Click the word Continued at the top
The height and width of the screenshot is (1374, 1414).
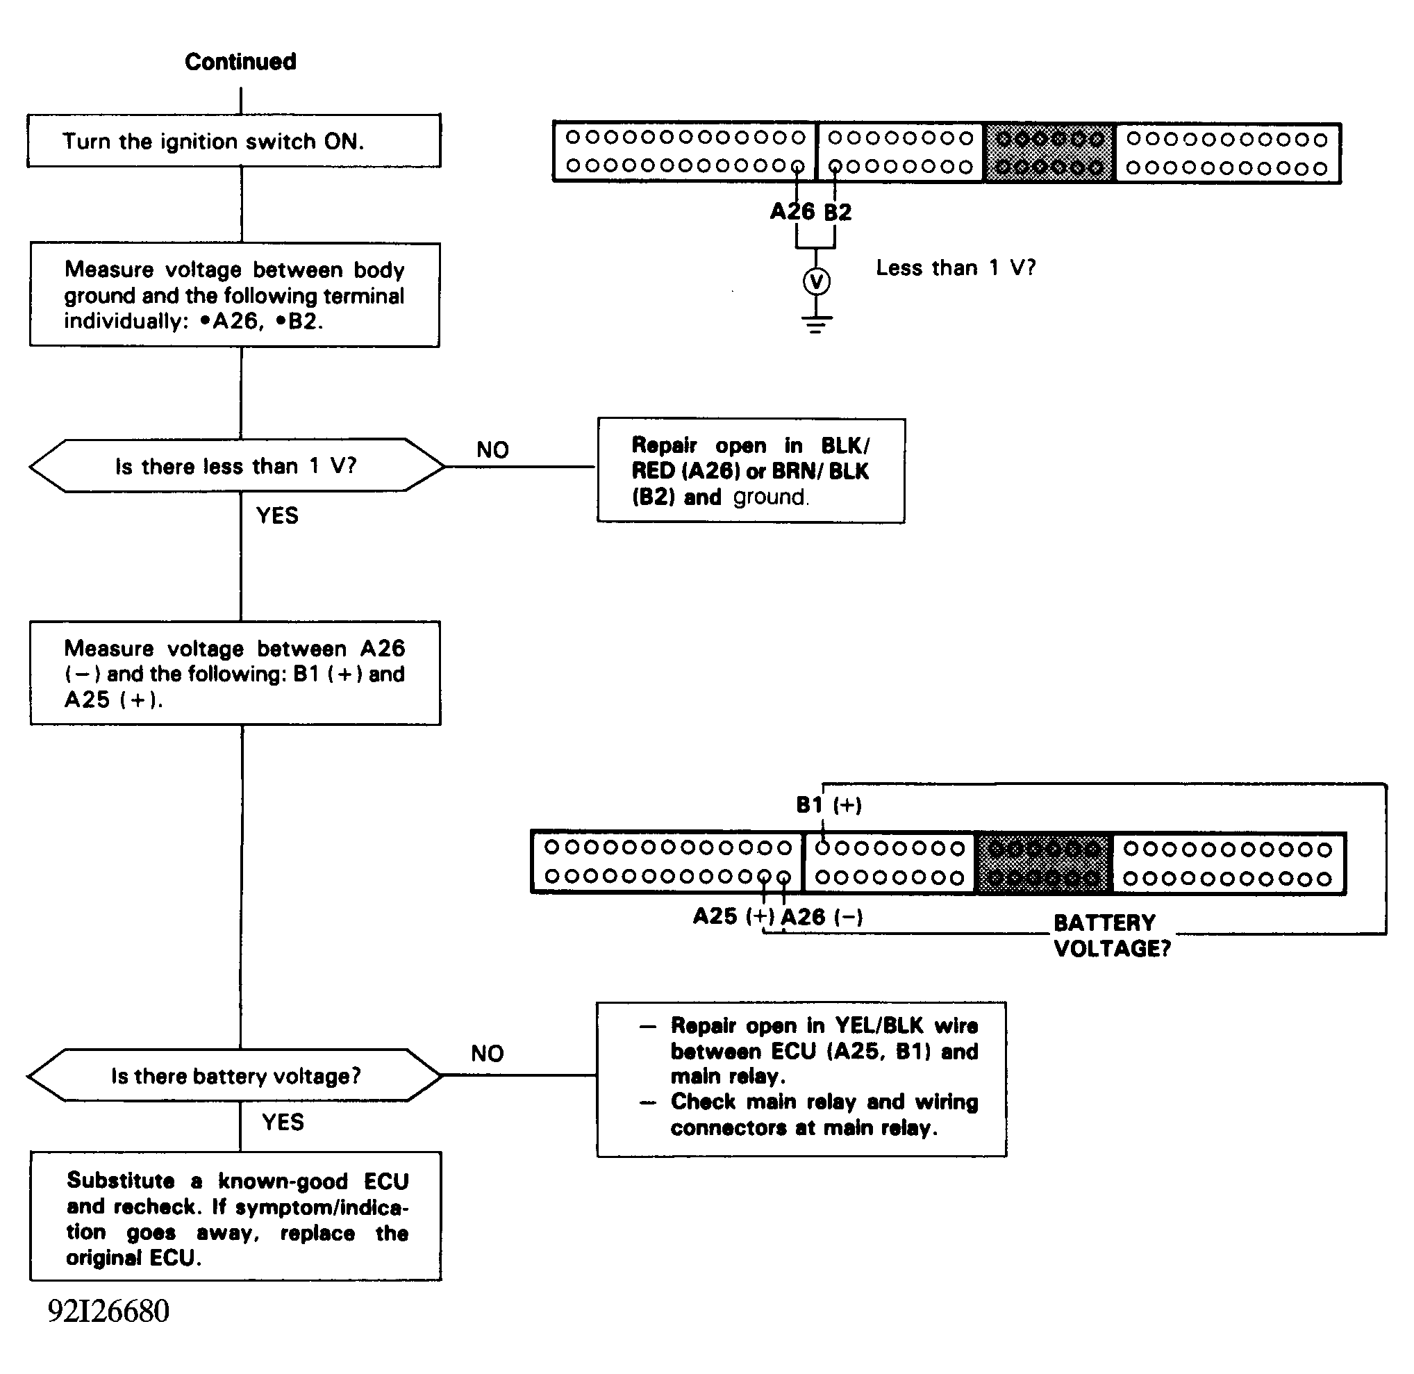pyautogui.click(x=240, y=62)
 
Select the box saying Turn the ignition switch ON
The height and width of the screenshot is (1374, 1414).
pyautogui.click(x=234, y=141)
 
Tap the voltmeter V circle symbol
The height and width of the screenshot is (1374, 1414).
pyautogui.click(x=817, y=281)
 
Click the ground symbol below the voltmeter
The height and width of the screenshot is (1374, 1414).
pyautogui.click(x=817, y=322)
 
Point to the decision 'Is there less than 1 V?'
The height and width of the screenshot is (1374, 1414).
pyautogui.click(x=236, y=466)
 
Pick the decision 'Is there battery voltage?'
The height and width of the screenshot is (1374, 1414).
pyautogui.click(x=235, y=1076)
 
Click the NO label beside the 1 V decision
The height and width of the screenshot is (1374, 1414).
pyautogui.click(x=492, y=450)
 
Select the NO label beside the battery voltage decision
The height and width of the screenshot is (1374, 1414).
pyautogui.click(x=487, y=1054)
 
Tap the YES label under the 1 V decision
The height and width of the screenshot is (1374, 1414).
pyautogui.click(x=277, y=515)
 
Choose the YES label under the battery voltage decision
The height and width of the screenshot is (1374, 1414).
pyautogui.click(x=283, y=1122)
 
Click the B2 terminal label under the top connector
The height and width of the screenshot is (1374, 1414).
pyautogui.click(x=838, y=212)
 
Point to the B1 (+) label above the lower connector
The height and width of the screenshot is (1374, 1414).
pyautogui.click(x=829, y=804)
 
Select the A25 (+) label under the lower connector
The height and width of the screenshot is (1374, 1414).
pyautogui.click(x=733, y=916)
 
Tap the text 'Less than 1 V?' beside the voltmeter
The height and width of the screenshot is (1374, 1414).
pyautogui.click(x=956, y=267)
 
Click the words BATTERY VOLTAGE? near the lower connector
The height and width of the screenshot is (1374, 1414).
pyautogui.click(x=1112, y=935)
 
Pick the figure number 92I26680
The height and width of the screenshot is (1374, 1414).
pyautogui.click(x=108, y=1311)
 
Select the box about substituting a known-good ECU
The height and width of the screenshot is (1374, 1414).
pyautogui.click(x=236, y=1219)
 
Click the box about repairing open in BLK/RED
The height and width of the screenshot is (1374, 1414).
pyautogui.click(x=751, y=470)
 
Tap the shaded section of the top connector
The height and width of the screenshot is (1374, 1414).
pyautogui.click(x=1049, y=153)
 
